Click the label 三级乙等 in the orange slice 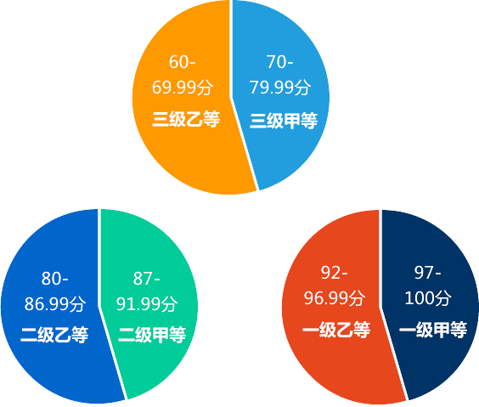pos(186,119)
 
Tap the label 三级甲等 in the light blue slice pos(284,121)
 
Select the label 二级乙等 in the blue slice pos(54,335)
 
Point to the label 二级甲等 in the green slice pos(152,335)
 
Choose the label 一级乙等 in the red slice pos(336,330)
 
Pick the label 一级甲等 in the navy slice pos(433,330)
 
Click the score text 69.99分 pos(183,88)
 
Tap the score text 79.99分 pos(280,88)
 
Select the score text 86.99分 pos(55,304)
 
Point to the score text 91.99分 pos(147,304)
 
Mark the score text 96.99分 pos(335,298)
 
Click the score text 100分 pos(428,298)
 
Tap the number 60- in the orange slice pos(183,62)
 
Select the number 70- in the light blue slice pos(279,62)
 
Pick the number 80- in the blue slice pos(55,279)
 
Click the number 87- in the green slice pos(147,279)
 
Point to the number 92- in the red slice pos(335,273)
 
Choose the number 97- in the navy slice pos(428,273)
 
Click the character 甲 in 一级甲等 pos(442,330)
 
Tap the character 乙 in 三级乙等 pos(194,119)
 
